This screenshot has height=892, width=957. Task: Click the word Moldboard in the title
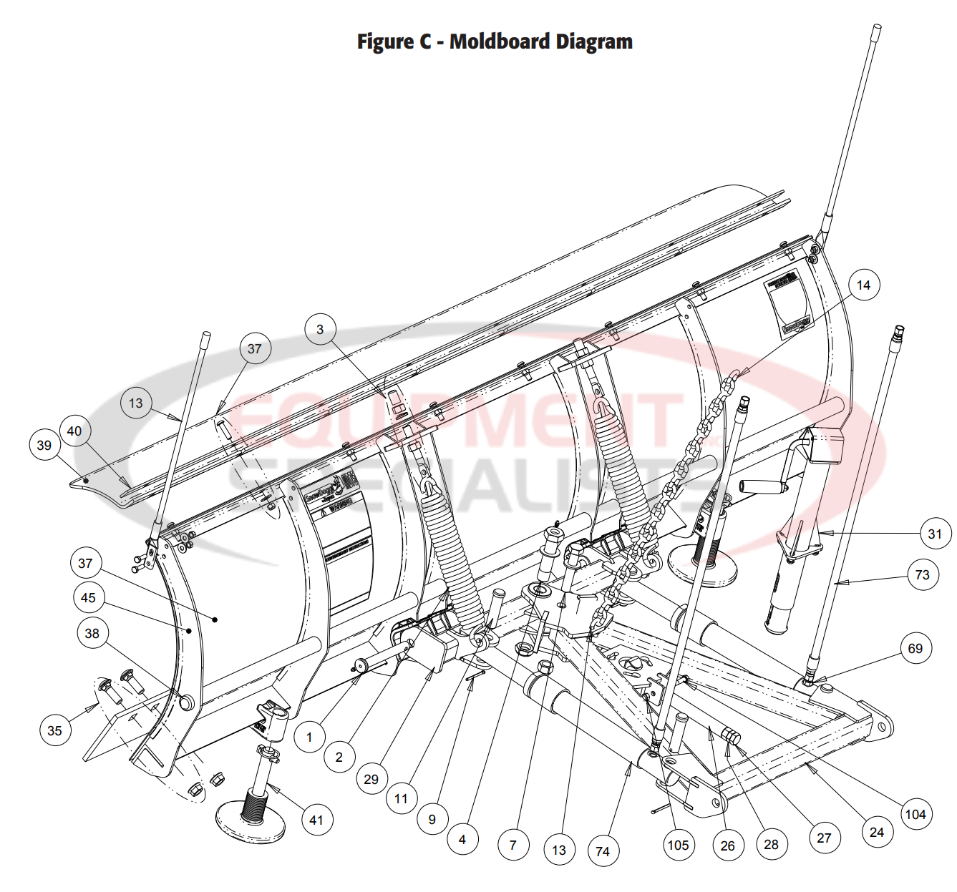point(500,41)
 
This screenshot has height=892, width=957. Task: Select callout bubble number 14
point(863,285)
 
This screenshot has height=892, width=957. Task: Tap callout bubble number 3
point(320,329)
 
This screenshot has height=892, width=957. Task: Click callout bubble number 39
point(44,445)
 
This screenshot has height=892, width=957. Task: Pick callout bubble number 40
point(74,431)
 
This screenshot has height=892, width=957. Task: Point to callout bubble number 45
point(88,597)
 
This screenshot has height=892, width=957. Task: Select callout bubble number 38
point(92,633)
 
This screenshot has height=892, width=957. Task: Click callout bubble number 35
point(55,730)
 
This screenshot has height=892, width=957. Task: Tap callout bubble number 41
point(316,820)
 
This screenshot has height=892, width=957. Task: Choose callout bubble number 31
point(935,534)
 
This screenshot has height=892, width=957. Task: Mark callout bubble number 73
point(922,574)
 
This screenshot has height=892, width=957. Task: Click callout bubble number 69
point(915,648)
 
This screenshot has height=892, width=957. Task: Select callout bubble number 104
point(915,814)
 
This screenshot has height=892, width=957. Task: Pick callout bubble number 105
point(678,845)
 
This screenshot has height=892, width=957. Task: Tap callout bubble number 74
point(603,851)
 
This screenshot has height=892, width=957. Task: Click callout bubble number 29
point(371,779)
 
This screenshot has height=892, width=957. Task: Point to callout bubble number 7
point(512,845)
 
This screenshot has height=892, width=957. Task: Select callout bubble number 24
point(876,832)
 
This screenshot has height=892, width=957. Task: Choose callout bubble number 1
point(309,737)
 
